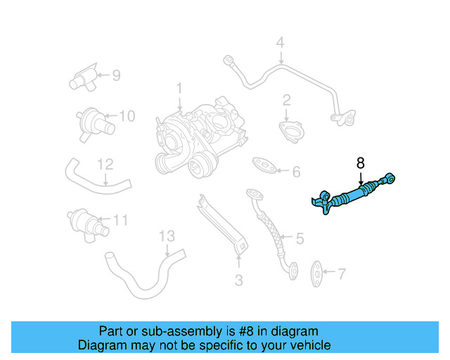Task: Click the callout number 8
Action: click(361, 162)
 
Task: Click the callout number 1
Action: click(179, 89)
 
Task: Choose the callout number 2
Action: click(287, 100)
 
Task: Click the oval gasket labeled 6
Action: click(263, 164)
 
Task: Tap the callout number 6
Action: click(296, 172)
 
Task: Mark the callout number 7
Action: click(342, 273)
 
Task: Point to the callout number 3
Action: click(238, 281)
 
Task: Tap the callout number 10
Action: click(126, 116)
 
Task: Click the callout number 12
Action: click(105, 165)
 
